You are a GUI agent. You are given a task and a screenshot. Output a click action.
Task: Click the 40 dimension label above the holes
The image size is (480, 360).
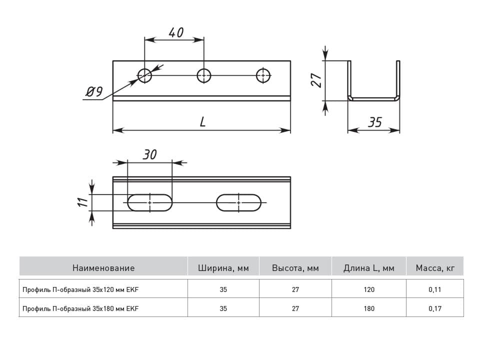click(176, 32)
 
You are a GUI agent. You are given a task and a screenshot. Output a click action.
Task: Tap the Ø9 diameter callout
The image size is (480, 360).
click(94, 91)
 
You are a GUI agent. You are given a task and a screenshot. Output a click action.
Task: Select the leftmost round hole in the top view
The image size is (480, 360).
click(145, 75)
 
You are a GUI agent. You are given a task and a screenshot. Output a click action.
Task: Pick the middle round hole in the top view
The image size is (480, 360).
click(204, 75)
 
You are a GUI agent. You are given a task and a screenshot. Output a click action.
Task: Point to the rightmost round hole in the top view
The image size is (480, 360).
click(263, 75)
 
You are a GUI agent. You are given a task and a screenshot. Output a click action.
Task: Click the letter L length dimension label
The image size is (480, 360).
click(202, 122)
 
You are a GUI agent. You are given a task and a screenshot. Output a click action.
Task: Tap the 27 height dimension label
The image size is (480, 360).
click(316, 80)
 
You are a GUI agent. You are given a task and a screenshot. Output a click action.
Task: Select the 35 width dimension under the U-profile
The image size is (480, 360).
click(374, 122)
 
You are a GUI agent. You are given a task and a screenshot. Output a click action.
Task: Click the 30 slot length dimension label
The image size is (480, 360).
click(149, 154)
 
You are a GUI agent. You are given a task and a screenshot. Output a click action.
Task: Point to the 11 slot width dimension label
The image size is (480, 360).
click(82, 202)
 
